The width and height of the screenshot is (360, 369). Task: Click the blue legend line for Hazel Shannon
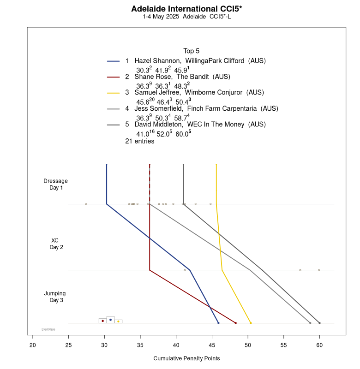[113, 61]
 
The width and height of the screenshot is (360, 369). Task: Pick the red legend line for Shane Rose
[113, 77]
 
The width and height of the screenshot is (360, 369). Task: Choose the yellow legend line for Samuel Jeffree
[113, 93]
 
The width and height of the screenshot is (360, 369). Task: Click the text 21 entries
[139, 141]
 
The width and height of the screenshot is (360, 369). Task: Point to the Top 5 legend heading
[191, 51]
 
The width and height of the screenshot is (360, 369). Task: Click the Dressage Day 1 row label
[55, 184]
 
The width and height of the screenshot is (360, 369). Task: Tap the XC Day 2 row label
[55, 244]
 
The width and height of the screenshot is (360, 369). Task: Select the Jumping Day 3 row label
[55, 297]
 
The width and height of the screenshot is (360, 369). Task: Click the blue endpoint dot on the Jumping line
[218, 323]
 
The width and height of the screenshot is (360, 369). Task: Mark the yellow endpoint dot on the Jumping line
[251, 323]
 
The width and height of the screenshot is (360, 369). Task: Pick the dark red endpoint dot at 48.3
[235, 323]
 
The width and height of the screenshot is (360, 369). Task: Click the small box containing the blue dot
[110, 319]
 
